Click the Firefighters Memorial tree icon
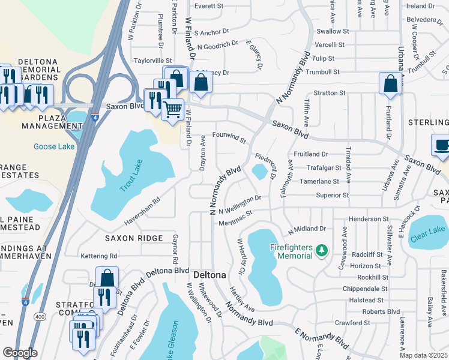pos(322,248)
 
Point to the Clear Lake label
pos(427,230)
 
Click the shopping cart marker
pos(173,110)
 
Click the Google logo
pos(20,352)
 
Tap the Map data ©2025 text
pos(423,355)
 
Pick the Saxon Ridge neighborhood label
pos(133,238)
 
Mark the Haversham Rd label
pos(143,213)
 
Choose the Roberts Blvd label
pos(384,311)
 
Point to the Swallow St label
pos(333,31)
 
